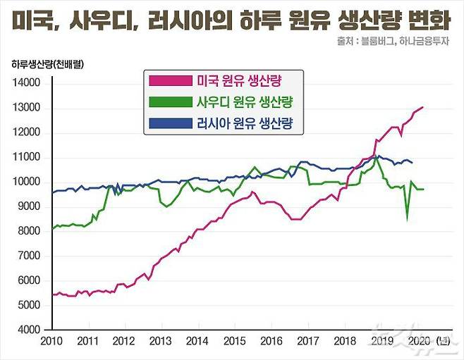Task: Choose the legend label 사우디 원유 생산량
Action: click(x=245, y=104)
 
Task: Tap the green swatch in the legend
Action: click(x=171, y=104)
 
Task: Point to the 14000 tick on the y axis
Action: click(x=26, y=84)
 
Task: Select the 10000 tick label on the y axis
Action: click(x=26, y=182)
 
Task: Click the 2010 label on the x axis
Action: click(x=51, y=341)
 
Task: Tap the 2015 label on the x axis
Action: click(x=234, y=341)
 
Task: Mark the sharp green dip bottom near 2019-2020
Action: click(x=408, y=219)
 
